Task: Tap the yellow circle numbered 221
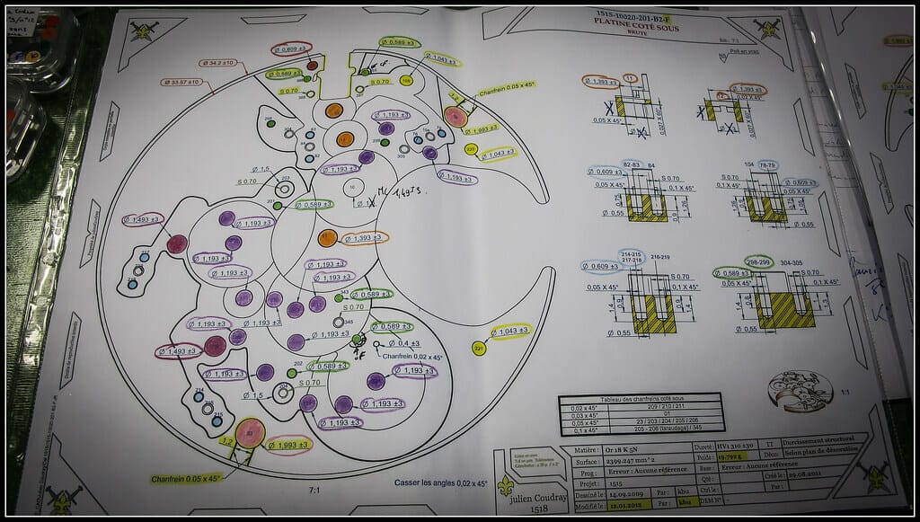tap(479, 349)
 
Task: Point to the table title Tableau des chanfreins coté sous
tap(640, 398)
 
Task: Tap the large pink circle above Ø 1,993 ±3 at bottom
tap(251, 433)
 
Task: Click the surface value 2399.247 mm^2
tap(621, 458)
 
